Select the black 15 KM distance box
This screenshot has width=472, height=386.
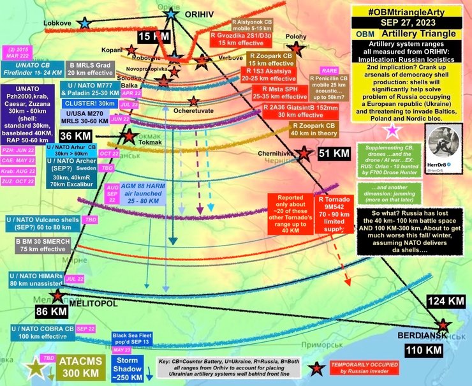tap(154, 37)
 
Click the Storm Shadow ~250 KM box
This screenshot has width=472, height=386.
tap(131, 366)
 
